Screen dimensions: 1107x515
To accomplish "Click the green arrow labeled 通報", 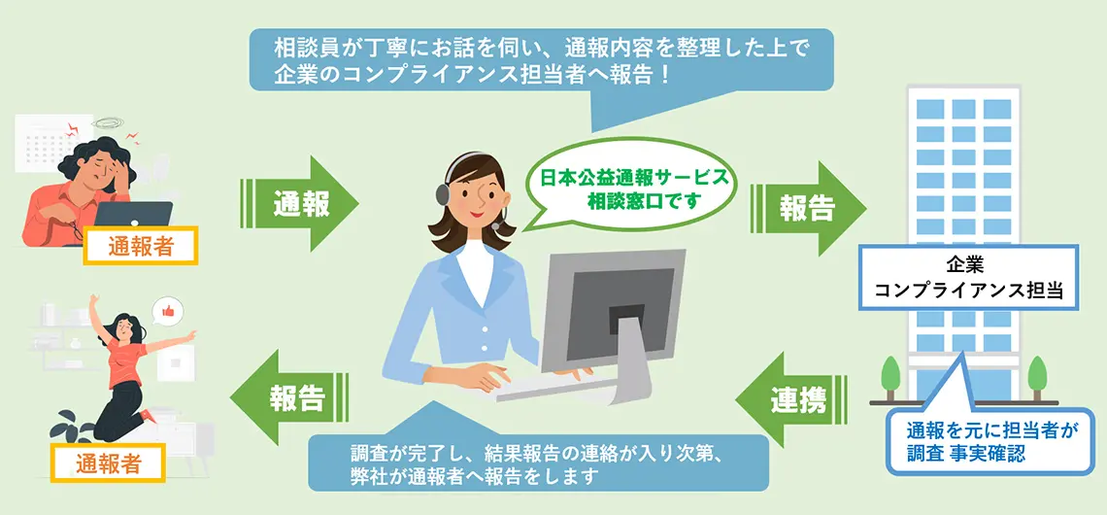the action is pos(300,204).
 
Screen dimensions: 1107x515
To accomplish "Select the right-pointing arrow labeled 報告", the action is pos(807,208).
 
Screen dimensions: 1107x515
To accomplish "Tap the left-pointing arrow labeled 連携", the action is pos(792,399).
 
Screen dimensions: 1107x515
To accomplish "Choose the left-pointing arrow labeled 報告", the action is pos(289,398).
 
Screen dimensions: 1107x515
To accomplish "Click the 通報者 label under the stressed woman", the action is pos(140,246).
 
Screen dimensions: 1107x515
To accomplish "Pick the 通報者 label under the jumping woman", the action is pos(108,463).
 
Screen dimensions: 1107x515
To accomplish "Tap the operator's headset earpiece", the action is pos(444,192).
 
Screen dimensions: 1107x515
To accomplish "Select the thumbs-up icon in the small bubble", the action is pos(167,310).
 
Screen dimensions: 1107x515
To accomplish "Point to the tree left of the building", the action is pos(891,378).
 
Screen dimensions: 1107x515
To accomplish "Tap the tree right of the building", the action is pos(1037,378).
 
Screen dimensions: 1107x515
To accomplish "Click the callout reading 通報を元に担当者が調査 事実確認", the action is pos(995,436).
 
